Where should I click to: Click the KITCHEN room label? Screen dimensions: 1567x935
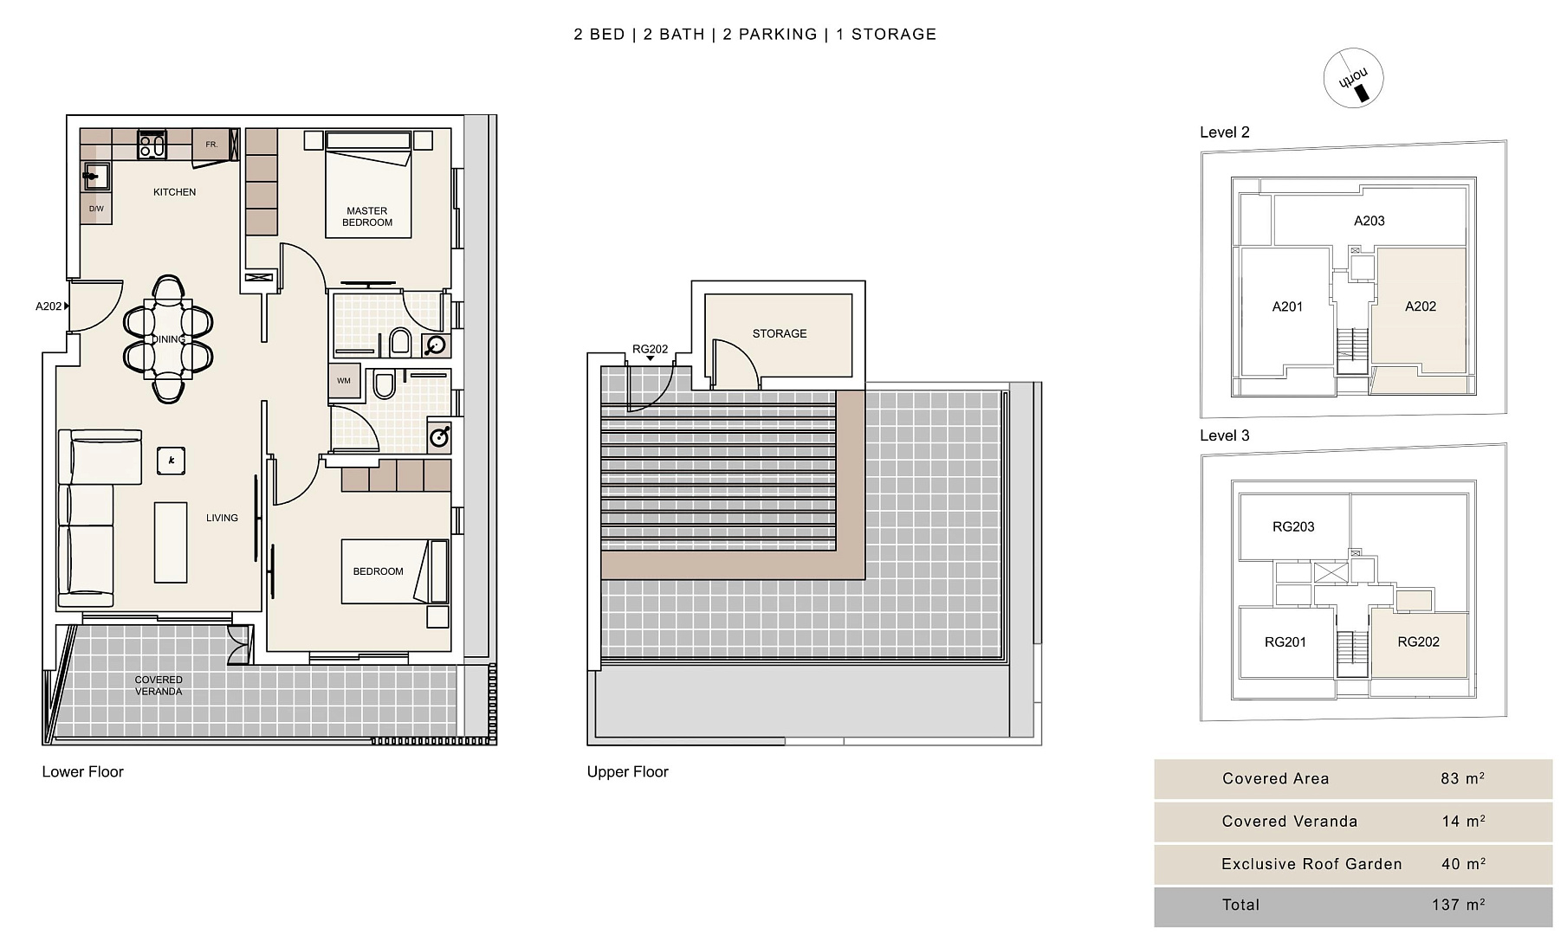tap(174, 192)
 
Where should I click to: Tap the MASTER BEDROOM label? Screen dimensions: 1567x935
tap(367, 216)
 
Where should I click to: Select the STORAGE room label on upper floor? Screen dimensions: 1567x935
tap(780, 333)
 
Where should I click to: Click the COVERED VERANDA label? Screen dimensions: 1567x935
tap(159, 686)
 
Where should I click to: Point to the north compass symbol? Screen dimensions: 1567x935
tap(1353, 78)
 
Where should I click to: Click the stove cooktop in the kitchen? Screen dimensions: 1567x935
tap(152, 145)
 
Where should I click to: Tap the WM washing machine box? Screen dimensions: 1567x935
tap(345, 381)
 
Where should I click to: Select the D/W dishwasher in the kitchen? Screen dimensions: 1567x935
tap(96, 209)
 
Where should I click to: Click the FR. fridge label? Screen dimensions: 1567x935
tap(211, 145)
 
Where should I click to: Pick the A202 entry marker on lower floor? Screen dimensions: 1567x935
tap(52, 306)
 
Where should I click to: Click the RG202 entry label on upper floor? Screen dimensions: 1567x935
tap(651, 350)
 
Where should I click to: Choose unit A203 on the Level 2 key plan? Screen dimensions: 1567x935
tap(1370, 221)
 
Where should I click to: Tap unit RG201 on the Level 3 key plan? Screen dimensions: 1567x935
tap(1285, 642)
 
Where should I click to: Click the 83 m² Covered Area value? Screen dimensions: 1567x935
tap(1463, 778)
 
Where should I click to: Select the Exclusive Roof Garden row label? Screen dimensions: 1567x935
tap(1311, 864)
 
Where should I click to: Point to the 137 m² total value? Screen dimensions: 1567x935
tap(1459, 905)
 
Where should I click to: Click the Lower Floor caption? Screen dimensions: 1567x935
tap(83, 771)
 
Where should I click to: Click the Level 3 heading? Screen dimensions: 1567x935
tap(1225, 435)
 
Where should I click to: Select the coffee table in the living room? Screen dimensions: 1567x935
tap(171, 543)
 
